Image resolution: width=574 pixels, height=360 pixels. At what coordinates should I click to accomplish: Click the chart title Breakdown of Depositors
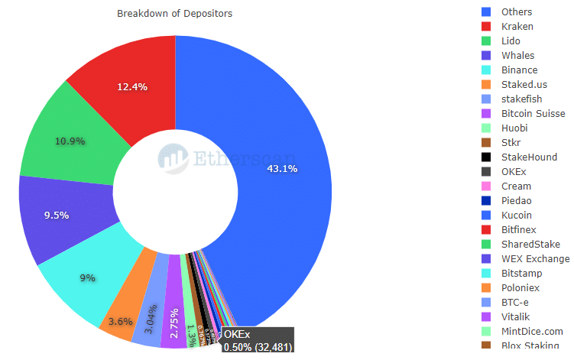(x=175, y=14)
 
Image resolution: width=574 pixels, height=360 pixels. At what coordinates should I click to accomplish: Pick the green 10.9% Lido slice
(x=69, y=141)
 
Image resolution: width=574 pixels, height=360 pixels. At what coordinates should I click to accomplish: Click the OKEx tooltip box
(x=258, y=341)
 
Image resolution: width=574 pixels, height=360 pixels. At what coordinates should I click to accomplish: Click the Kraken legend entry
(x=517, y=27)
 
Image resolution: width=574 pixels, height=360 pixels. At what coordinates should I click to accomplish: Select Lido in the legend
(x=512, y=41)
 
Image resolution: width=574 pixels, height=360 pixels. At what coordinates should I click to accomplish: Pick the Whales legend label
(x=517, y=56)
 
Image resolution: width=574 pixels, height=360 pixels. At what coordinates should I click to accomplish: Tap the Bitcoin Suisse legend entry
(x=533, y=114)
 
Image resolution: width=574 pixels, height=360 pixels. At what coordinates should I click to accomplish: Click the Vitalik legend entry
(x=516, y=316)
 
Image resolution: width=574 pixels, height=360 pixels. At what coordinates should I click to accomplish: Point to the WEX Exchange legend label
(x=535, y=259)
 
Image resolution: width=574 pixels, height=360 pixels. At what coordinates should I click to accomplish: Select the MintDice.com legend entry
(x=532, y=331)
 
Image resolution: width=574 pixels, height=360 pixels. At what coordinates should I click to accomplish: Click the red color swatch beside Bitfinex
(x=486, y=230)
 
